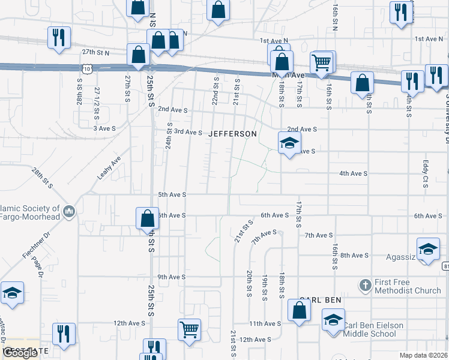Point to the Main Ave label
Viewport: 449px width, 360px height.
289,76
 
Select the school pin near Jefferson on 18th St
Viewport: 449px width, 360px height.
289,143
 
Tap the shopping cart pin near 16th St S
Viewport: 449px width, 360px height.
322,62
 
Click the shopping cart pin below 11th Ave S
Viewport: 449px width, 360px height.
189,329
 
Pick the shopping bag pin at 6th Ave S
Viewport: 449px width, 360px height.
147,218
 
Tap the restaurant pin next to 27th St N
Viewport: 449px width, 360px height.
59,37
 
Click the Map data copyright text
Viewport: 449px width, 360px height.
423,355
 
